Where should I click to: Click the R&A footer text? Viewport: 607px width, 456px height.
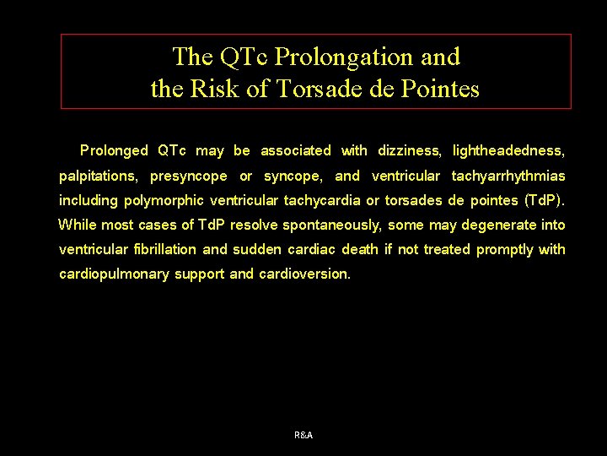[303, 435]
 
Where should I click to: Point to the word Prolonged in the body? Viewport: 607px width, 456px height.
[114, 151]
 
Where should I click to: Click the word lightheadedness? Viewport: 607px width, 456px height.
[508, 151]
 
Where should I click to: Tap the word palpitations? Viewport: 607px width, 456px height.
[99, 176]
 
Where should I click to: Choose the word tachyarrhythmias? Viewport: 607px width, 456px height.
[508, 176]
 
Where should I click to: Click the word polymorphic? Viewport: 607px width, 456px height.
[164, 201]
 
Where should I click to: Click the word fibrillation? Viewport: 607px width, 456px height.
[165, 250]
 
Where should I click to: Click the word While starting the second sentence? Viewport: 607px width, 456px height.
[77, 225]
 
